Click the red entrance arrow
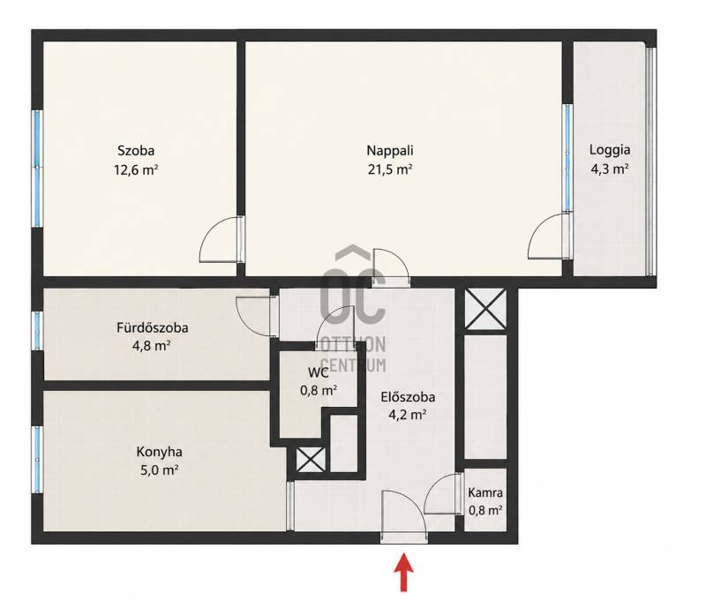(404, 571)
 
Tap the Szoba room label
(136, 150)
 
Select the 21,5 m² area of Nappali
(390, 169)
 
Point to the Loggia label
(610, 150)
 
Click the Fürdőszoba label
(152, 327)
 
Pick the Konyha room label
(160, 452)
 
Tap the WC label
(319, 372)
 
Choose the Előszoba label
(408, 397)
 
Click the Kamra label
(485, 492)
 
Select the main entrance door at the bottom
(404, 516)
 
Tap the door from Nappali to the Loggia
(550, 236)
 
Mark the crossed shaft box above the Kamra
(485, 310)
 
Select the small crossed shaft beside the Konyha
(311, 460)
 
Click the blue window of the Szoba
(38, 168)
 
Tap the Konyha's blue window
(37, 459)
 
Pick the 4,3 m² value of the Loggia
(610, 169)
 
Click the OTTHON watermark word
(353, 345)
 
